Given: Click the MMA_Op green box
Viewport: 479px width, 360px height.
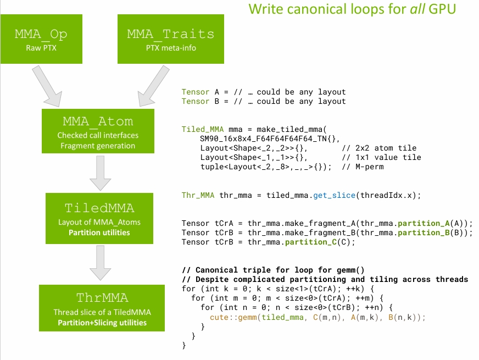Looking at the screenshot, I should [42, 39].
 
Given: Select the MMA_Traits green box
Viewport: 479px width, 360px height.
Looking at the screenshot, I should [171, 39].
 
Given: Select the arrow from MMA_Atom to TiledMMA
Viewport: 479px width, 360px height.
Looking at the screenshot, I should [99, 173].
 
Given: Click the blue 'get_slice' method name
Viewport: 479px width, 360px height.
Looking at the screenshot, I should [335, 195].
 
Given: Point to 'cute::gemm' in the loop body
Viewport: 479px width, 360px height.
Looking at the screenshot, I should [232, 317].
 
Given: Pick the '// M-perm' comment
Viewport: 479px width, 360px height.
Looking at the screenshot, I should [363, 167].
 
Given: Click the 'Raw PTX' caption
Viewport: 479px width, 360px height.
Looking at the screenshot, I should [42, 48].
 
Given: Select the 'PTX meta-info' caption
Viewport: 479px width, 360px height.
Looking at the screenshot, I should [171, 48].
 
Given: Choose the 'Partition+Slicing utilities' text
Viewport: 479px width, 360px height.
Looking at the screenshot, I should [102, 322].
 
